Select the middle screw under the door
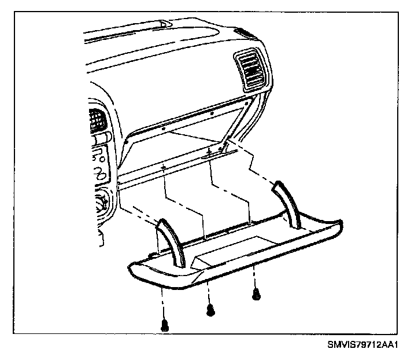point(210,310)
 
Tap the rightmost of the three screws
point(256,295)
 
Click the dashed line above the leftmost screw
point(165,301)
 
